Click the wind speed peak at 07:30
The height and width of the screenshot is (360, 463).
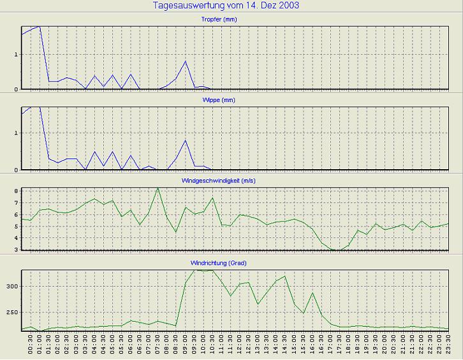click(x=158, y=188)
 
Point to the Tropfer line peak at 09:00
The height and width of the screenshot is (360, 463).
click(x=185, y=61)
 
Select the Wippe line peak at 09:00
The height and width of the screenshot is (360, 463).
click(x=185, y=140)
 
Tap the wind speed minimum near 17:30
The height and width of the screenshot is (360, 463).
click(x=339, y=250)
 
